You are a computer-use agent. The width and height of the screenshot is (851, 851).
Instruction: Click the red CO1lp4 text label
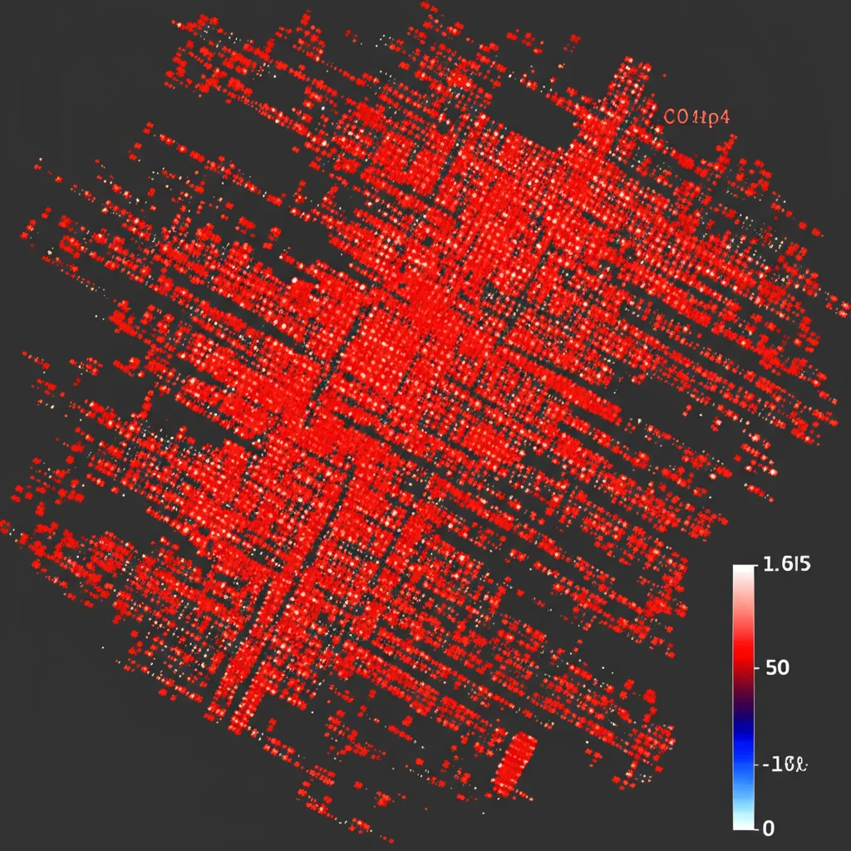pyautogui.click(x=697, y=118)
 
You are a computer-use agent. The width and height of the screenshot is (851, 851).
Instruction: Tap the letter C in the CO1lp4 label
pyautogui.click(x=671, y=118)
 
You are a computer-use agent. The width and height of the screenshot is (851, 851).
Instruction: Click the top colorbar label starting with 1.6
pyautogui.click(x=785, y=565)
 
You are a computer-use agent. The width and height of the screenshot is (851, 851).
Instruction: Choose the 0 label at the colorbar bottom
pyautogui.click(x=769, y=828)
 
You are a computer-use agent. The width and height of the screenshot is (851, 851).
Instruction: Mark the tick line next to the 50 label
pyautogui.click(x=755, y=667)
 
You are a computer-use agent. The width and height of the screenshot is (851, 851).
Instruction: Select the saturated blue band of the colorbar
pyautogui.click(x=742, y=760)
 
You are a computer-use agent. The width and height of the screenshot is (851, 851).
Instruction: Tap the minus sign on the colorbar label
pyautogui.click(x=765, y=763)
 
